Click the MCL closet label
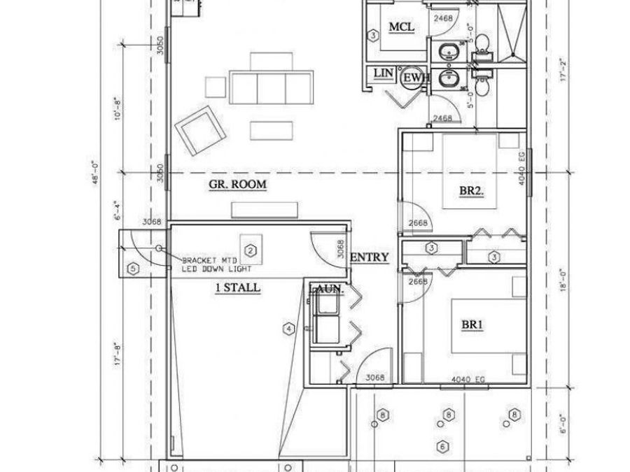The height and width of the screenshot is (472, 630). tap(402, 27)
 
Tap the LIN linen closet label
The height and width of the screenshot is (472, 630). tap(382, 73)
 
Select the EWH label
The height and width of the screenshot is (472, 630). tap(413, 78)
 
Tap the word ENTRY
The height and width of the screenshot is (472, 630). tap(369, 257)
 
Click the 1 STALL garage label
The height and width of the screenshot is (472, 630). tap(238, 287)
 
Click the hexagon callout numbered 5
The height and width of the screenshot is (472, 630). tap(132, 268)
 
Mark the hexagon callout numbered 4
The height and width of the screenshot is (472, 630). tap(287, 327)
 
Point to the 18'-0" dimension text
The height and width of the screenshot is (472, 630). tap(562, 280)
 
